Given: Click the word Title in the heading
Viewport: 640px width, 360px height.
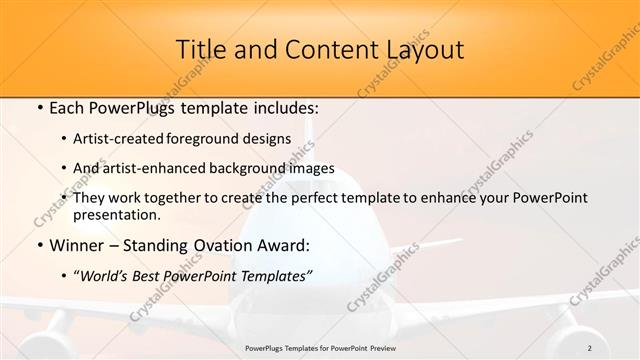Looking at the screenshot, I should click(197, 49).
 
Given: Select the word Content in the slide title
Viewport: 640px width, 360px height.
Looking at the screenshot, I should click(323, 49).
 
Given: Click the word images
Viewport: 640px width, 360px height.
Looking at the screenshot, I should click(312, 168).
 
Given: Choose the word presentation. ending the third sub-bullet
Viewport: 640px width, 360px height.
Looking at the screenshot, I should click(116, 214).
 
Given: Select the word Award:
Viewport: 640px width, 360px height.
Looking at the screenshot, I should click(285, 244).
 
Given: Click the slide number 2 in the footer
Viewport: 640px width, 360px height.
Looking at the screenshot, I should click(590, 348).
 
